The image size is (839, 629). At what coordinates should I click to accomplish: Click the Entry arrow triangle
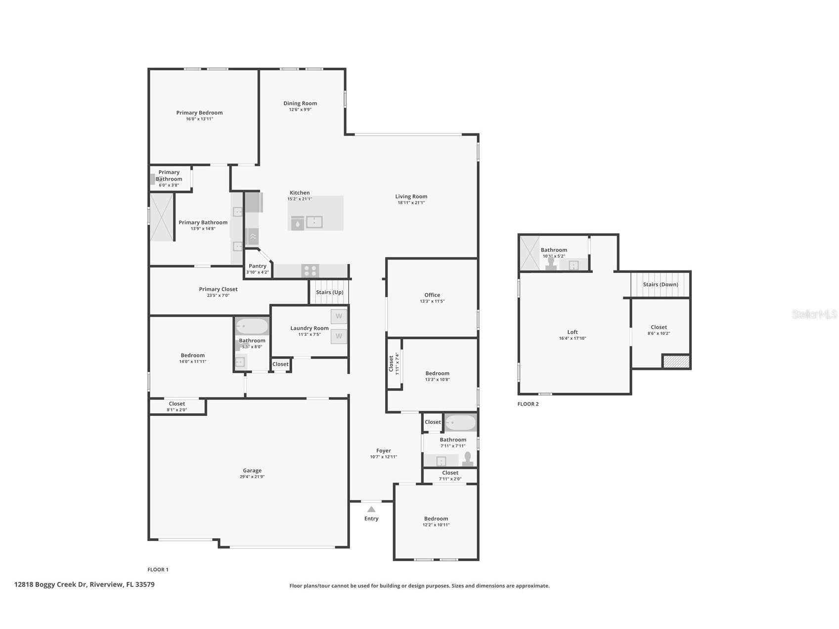[371, 509]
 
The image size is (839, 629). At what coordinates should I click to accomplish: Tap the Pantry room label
[258, 266]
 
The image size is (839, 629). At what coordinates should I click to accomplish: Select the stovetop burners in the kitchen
[310, 270]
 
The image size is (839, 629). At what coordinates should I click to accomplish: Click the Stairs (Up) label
[330, 292]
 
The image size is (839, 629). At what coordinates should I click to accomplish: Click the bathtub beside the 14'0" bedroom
[252, 326]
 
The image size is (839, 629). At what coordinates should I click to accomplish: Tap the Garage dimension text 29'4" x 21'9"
[252, 477]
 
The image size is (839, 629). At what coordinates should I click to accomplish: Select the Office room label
[432, 295]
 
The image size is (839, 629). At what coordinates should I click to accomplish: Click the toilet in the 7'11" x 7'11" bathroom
[467, 460]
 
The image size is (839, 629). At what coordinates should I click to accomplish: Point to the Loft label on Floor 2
[573, 332]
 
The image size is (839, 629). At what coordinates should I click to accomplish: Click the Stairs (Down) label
[661, 284]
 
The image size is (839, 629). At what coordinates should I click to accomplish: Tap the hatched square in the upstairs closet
[676, 361]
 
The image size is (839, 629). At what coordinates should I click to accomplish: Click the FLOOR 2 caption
[528, 404]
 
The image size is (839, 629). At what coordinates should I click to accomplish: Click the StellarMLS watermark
[814, 314]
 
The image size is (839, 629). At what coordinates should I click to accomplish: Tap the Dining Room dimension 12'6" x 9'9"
[300, 110]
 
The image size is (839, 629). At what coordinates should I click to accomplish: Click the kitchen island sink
[314, 222]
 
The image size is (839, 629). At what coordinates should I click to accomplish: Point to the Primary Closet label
[218, 289]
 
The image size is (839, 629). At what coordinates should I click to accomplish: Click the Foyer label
[384, 450]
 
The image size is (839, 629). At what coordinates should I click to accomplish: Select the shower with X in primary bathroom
[162, 217]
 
